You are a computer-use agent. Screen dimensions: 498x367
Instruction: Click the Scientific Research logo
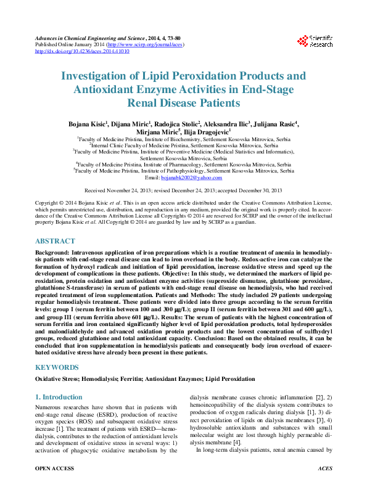tap(315, 41)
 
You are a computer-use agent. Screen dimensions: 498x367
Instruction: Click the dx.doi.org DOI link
tap(82, 51)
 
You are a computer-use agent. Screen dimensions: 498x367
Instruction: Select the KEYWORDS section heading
tap(57, 367)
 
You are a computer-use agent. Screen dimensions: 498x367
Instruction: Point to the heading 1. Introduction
tap(59, 397)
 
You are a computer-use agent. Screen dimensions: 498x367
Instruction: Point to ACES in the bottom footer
tap(324, 486)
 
